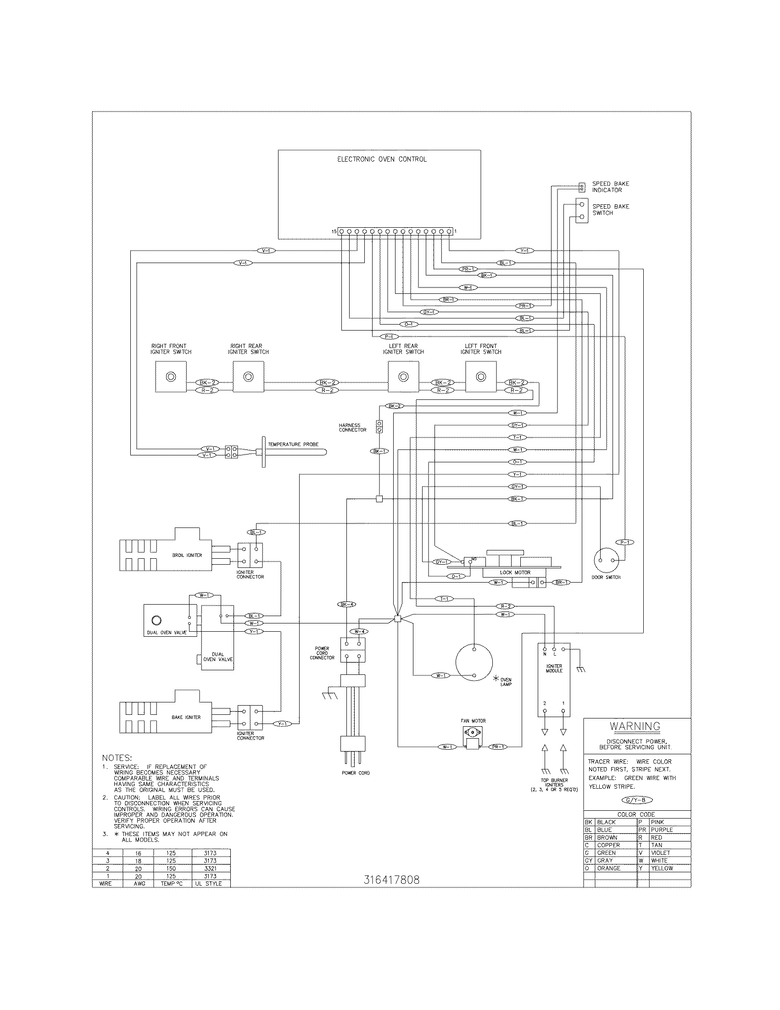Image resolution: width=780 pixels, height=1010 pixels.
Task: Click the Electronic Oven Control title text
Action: [382, 159]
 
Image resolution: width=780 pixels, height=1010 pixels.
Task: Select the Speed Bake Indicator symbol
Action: [582, 187]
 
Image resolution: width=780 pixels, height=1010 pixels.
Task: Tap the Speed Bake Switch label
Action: [610, 209]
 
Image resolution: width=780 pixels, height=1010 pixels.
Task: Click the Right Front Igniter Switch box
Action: [171, 376]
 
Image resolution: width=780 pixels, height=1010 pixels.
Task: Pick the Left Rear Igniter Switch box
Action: [403, 376]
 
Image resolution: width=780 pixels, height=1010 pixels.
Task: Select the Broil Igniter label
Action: [187, 555]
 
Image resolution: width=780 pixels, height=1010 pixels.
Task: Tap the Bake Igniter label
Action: [186, 717]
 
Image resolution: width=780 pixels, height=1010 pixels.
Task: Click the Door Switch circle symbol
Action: [606, 560]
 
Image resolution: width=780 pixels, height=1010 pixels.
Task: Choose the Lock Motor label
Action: [515, 572]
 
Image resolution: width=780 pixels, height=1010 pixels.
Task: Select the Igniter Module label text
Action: [554, 668]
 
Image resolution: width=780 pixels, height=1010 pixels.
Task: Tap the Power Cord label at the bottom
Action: [355, 773]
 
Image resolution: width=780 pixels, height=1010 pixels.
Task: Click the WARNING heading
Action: [635, 727]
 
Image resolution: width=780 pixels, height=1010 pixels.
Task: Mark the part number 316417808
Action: [391, 880]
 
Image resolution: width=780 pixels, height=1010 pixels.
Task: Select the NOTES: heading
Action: [117, 758]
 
